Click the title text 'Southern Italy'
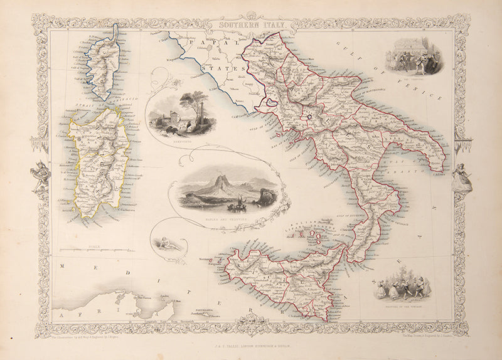click(250, 25)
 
